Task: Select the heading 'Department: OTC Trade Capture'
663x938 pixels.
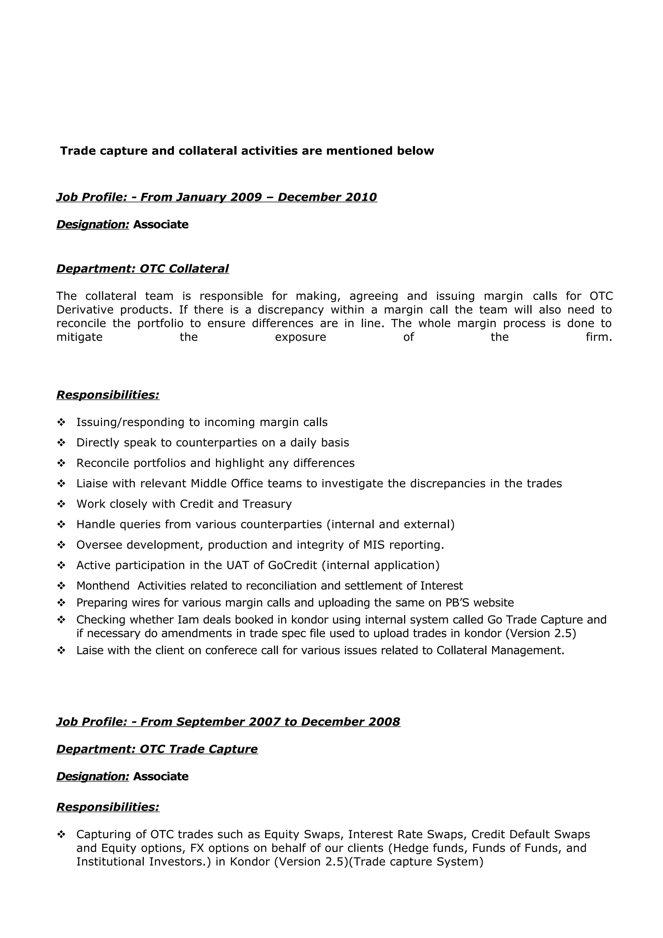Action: click(x=157, y=749)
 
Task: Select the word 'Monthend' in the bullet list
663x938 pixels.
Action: click(x=103, y=586)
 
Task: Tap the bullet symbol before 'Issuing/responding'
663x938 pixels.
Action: click(x=61, y=422)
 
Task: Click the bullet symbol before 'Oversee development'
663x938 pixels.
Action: click(x=61, y=545)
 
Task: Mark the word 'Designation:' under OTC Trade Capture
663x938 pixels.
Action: click(x=93, y=776)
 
